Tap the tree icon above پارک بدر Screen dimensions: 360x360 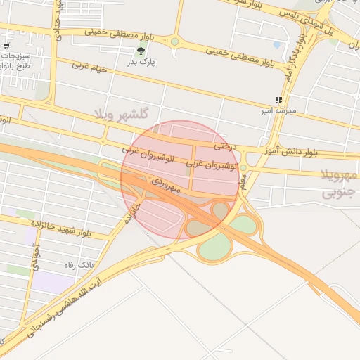(x=142, y=50)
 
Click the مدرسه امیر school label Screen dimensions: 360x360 (x=279, y=110)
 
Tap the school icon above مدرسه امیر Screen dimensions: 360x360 (x=279, y=99)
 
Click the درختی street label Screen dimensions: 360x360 (x=226, y=146)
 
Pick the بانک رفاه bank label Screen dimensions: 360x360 (x=79, y=265)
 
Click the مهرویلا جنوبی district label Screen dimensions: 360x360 (x=339, y=184)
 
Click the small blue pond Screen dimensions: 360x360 (x=276, y=45)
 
